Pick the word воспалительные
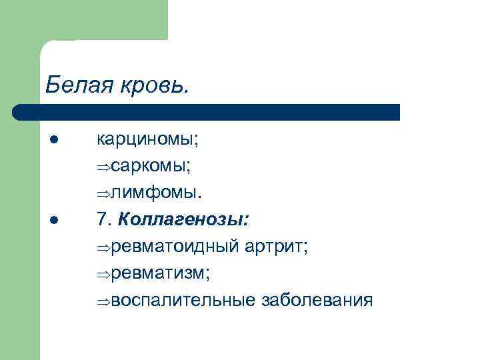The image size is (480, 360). point(183,300)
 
